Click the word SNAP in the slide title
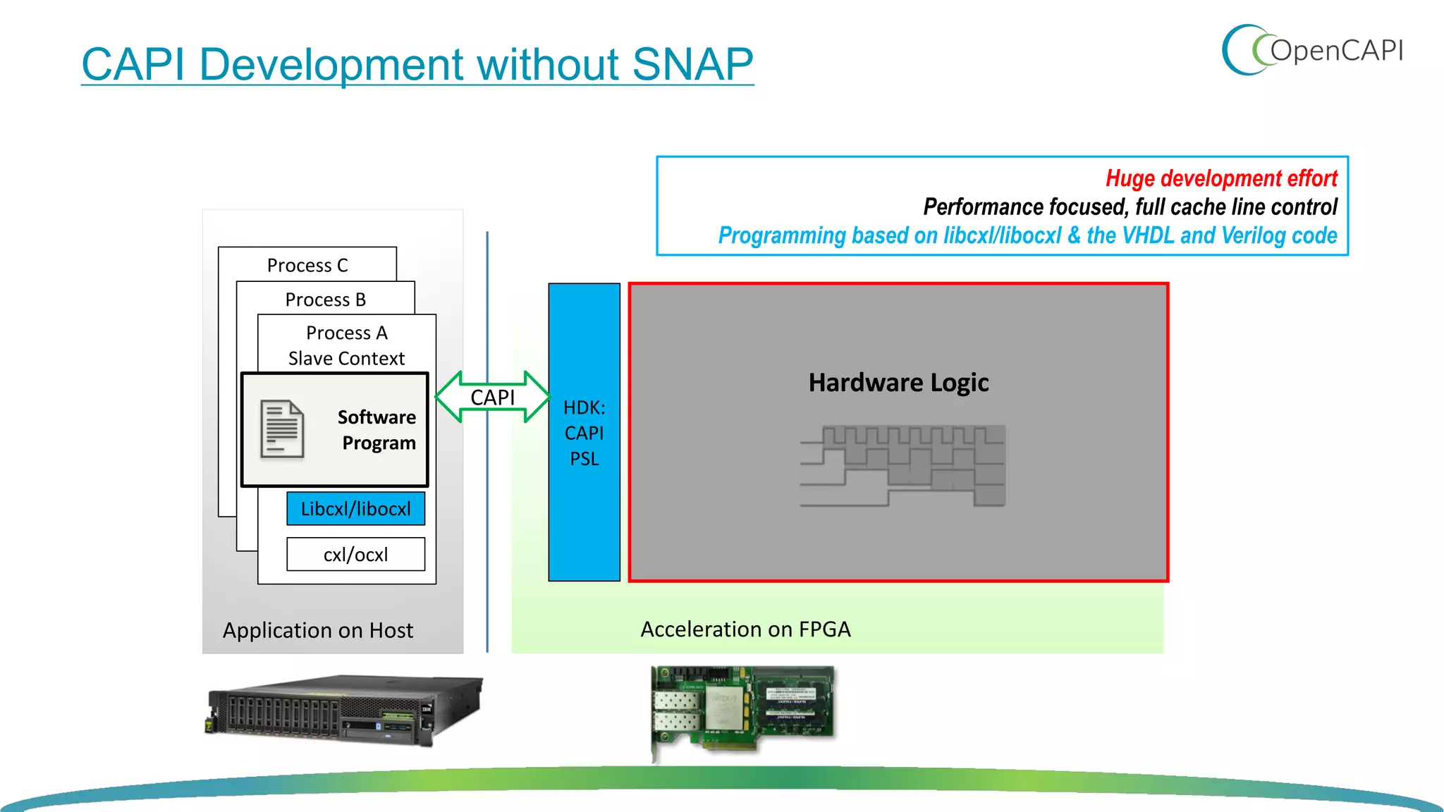(692, 64)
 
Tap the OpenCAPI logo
(1312, 50)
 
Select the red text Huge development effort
(1220, 178)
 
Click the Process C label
(307, 265)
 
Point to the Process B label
(325, 300)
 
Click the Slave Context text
(346, 358)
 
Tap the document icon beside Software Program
(282, 429)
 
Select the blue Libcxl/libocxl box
(355, 509)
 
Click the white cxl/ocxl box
(355, 555)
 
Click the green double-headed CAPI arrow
(492, 398)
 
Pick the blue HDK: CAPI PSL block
(584, 432)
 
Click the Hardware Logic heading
(898, 382)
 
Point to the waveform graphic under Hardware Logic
(902, 465)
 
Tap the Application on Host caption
(317, 630)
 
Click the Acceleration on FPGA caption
(745, 629)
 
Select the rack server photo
(344, 710)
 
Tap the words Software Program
(377, 430)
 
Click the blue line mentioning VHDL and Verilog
(1027, 235)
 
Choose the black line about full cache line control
(1130, 207)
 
